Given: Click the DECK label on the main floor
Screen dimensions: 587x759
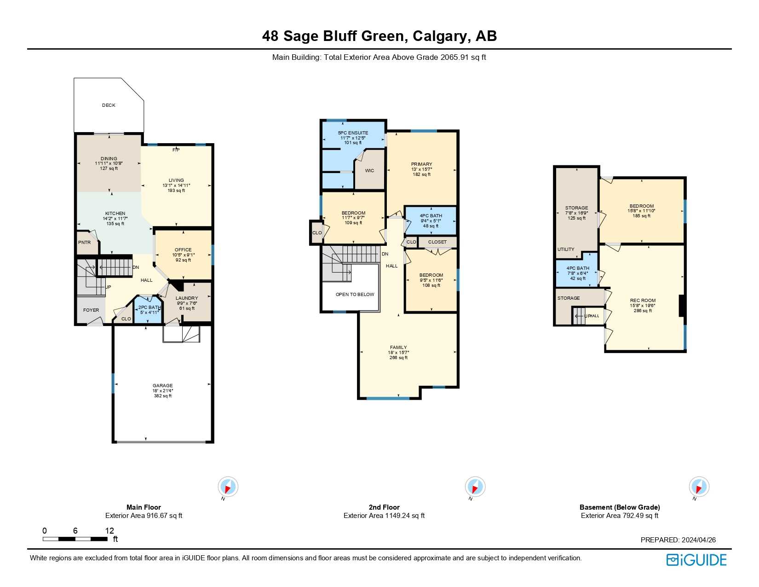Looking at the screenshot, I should tap(109, 105).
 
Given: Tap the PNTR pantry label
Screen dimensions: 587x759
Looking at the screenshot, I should tap(85, 243).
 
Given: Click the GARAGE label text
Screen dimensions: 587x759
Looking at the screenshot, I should tap(163, 386).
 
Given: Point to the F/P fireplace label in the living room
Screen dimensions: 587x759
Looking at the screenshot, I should tap(176, 150).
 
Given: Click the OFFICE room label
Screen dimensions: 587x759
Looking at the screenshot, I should tap(183, 250).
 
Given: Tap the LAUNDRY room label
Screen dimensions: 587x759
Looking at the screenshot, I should tap(187, 298).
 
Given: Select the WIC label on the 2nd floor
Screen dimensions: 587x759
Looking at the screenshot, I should tap(369, 171).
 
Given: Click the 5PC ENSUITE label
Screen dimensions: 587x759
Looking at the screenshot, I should tap(353, 133).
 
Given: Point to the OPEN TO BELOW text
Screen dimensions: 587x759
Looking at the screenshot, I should tap(355, 295).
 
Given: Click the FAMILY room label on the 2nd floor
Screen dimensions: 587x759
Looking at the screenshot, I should tap(398, 348).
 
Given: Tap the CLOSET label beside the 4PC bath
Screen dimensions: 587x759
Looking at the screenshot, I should tap(437, 242).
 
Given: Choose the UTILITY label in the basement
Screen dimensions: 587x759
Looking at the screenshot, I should tap(566, 250).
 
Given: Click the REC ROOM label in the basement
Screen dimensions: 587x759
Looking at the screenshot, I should tap(643, 301).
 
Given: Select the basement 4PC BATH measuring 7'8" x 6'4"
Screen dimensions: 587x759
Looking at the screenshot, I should tap(578, 273).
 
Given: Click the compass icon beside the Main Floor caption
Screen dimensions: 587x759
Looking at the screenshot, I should tap(228, 487).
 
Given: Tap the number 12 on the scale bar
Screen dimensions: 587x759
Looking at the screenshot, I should tap(109, 531).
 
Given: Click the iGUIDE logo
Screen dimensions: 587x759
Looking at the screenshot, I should tap(696, 560).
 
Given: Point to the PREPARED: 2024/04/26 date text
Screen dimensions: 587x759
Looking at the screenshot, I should tap(678, 540).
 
